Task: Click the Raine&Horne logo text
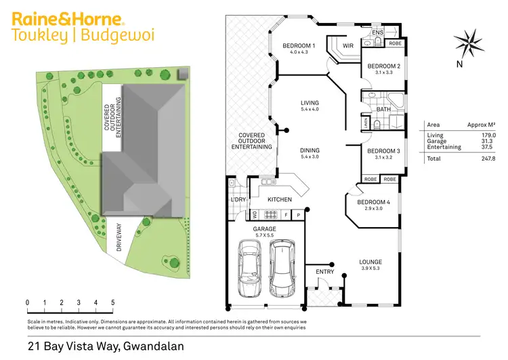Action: [x=68, y=18]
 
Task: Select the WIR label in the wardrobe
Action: [x=349, y=46]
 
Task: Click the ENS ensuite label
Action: [x=377, y=31]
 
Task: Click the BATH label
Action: [x=383, y=108]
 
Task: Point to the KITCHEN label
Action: [x=279, y=200]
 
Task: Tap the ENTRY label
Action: [x=325, y=272]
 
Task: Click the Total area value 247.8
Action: [x=486, y=159]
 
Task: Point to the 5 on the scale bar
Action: [x=112, y=302]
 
